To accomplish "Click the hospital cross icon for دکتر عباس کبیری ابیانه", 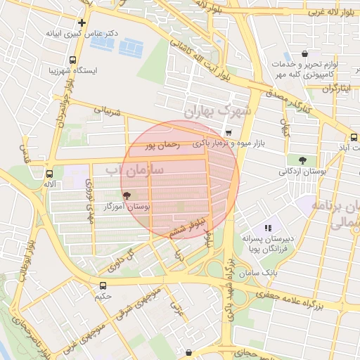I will [82, 22].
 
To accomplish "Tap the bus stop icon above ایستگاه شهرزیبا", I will [73, 60].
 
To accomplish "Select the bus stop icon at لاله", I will [49, 173].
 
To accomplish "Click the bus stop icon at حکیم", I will [103, 285].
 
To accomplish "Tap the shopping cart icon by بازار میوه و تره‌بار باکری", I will [229, 132].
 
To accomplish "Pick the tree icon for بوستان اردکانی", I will [302, 160].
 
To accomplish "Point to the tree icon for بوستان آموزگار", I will [127, 196].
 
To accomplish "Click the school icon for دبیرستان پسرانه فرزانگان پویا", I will [267, 228].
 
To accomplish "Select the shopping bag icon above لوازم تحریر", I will [304, 53].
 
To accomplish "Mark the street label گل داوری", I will [120, 259].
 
